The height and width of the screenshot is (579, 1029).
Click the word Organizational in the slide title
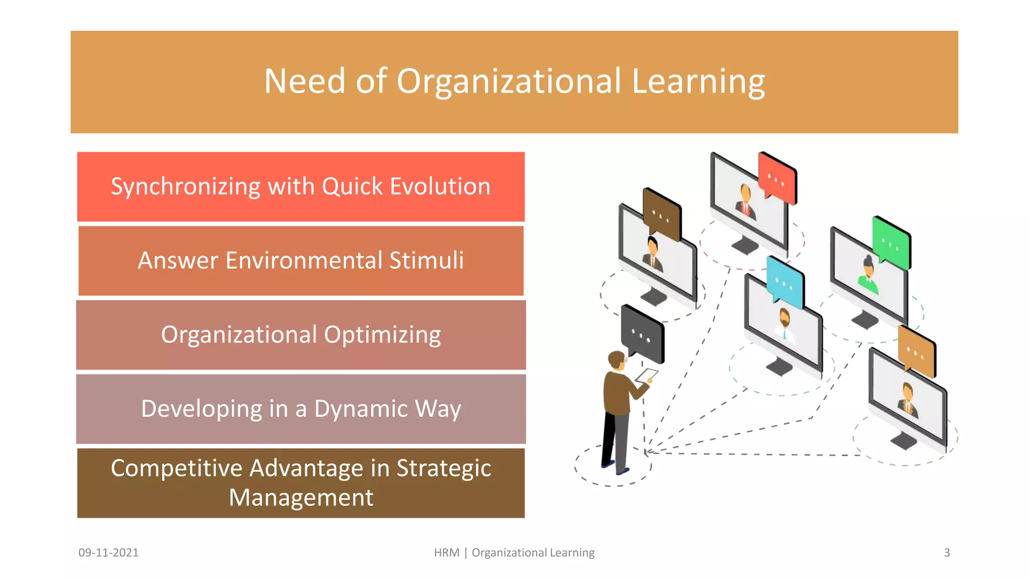[508, 81]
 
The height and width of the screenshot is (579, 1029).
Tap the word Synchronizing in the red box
[185, 187]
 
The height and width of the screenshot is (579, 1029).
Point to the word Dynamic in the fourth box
[361, 409]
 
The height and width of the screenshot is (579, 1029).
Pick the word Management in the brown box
[301, 498]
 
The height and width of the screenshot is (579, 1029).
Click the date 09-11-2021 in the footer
[109, 552]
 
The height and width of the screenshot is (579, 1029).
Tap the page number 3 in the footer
[947, 552]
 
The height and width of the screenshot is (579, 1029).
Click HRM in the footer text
[447, 552]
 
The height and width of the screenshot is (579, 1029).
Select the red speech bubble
[777, 178]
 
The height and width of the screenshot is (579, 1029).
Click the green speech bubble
[892, 243]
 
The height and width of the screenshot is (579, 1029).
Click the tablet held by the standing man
[647, 375]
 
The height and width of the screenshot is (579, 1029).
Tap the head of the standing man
[616, 360]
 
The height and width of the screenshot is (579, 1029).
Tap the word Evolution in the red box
[440, 186]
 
